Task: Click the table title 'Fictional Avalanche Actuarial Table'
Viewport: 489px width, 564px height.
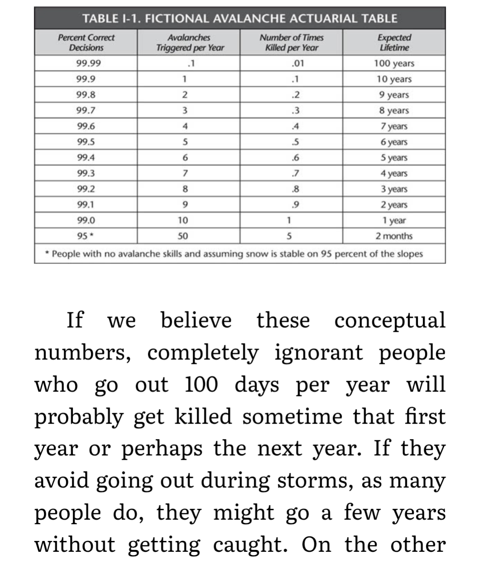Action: point(240,19)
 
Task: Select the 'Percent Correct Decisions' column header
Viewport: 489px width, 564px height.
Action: point(86,43)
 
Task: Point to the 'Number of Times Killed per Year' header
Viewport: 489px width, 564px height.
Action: point(291,43)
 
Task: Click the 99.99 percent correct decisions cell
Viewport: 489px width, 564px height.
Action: point(89,63)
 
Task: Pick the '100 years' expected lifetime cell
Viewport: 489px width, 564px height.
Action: point(394,63)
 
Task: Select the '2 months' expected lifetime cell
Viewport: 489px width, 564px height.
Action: point(394,236)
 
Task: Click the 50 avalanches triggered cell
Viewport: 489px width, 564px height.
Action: point(184,236)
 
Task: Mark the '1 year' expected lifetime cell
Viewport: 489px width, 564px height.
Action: point(394,220)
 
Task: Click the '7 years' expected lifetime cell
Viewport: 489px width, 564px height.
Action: point(394,126)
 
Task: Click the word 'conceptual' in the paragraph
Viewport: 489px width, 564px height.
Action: point(390,320)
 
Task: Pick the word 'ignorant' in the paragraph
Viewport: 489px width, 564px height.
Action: point(319,353)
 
